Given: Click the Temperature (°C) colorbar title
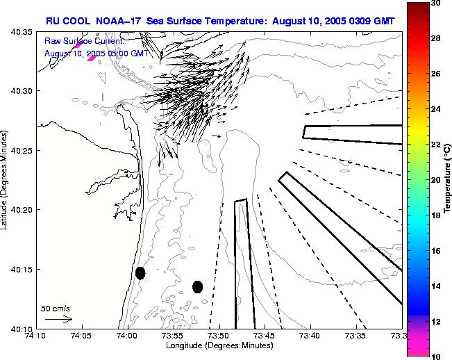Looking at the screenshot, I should point(448,179).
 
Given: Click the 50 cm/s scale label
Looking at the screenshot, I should point(56,308).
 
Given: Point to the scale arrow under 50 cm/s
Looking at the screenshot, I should point(58,319).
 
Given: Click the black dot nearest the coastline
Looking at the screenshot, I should point(140,273).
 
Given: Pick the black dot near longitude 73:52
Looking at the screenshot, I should point(197,286).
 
